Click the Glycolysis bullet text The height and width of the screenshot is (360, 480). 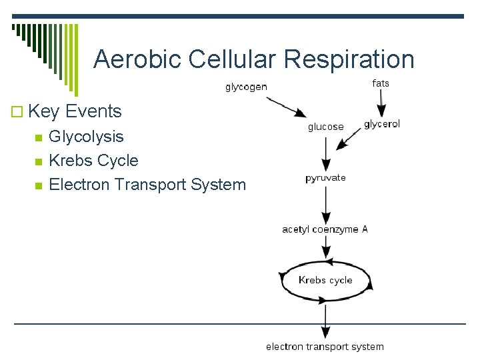pos(87,137)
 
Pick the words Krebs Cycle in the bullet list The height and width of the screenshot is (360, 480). pos(94,161)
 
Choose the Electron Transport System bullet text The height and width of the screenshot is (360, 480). pos(147,185)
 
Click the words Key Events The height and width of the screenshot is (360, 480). pos(75,111)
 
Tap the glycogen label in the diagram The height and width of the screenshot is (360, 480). pos(246,87)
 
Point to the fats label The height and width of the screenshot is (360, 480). pos(381,83)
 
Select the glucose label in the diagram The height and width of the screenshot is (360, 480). pos(325,127)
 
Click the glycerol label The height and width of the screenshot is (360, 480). pos(382,125)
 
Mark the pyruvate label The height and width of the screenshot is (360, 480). pos(325,178)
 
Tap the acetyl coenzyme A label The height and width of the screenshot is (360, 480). pos(325,229)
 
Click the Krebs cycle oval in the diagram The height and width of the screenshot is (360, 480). pos(325,280)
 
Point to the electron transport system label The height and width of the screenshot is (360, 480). pos(325,347)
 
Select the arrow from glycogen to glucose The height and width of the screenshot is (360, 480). pos(286,107)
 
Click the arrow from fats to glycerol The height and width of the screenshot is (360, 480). pos(382,103)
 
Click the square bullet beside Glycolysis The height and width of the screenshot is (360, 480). pos(38,137)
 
